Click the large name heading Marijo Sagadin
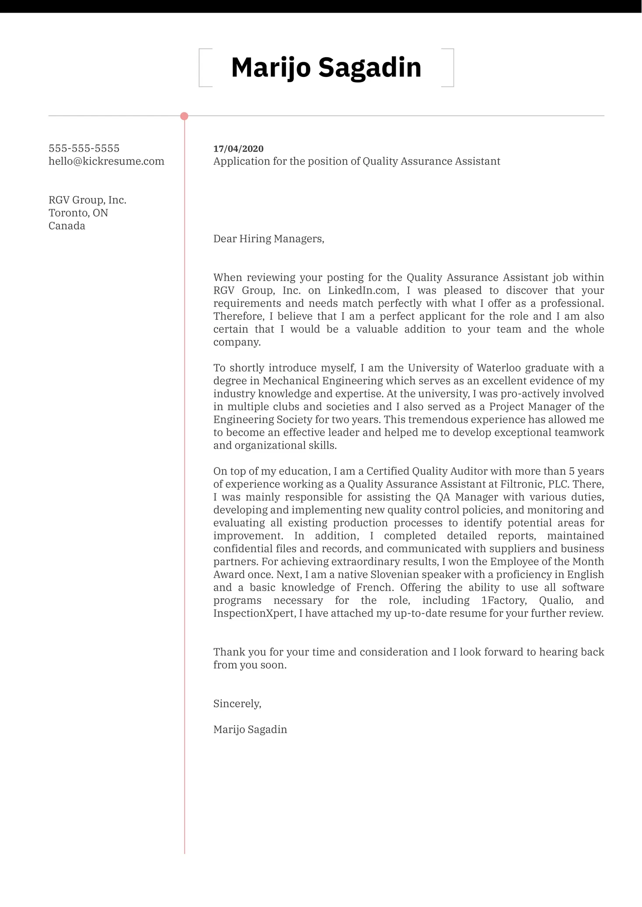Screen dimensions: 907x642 click(x=326, y=68)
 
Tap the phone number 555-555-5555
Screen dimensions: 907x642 click(x=84, y=148)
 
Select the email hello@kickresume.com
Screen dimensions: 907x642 click(x=106, y=161)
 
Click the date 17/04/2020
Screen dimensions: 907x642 click(x=238, y=149)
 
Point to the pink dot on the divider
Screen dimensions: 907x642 click(x=184, y=116)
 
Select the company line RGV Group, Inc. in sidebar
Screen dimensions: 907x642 click(x=87, y=200)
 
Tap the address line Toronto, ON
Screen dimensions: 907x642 click(x=78, y=213)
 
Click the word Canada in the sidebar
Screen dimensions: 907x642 click(x=67, y=226)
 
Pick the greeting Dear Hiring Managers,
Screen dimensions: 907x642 click(x=269, y=239)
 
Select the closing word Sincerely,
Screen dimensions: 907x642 click(x=237, y=704)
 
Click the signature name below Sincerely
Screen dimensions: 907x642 click(x=250, y=730)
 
